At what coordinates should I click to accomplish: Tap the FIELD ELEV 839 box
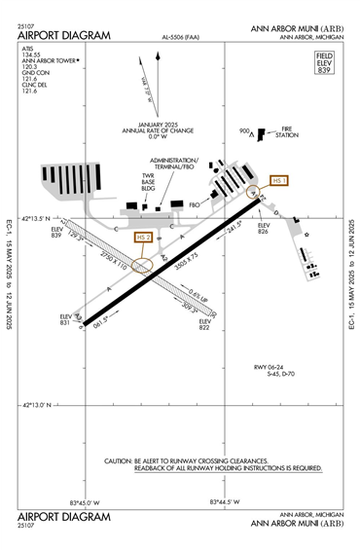[x=325, y=65]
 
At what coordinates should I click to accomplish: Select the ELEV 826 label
[x=263, y=229]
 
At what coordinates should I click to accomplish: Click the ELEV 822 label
[x=205, y=324]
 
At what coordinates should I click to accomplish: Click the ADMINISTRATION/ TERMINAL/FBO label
[x=174, y=164]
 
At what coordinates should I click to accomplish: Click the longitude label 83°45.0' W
[x=85, y=502]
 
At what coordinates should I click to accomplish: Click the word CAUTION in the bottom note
[x=122, y=461]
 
